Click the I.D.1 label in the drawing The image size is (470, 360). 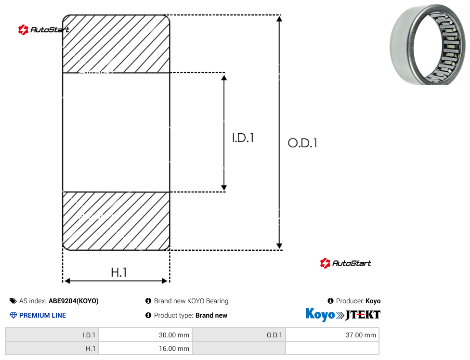243,138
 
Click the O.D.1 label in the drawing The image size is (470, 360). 302,143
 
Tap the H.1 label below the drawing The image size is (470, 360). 119,272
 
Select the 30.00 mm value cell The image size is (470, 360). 145,335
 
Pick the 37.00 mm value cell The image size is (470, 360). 332,335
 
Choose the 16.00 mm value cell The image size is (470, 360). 145,348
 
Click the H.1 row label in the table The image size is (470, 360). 52,348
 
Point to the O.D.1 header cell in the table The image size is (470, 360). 238,335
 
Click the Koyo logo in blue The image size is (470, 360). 320,314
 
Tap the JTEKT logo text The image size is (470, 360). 363,315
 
